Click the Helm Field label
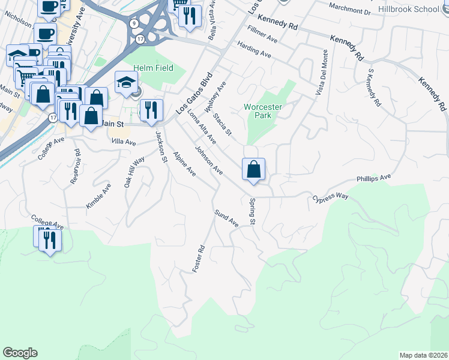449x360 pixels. (154, 68)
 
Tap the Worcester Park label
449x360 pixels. (262, 111)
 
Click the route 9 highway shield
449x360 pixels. (134, 23)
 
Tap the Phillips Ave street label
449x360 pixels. (373, 178)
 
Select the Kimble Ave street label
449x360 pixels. (98, 196)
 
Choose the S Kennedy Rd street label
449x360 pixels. (374, 87)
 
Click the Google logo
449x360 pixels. (20, 353)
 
